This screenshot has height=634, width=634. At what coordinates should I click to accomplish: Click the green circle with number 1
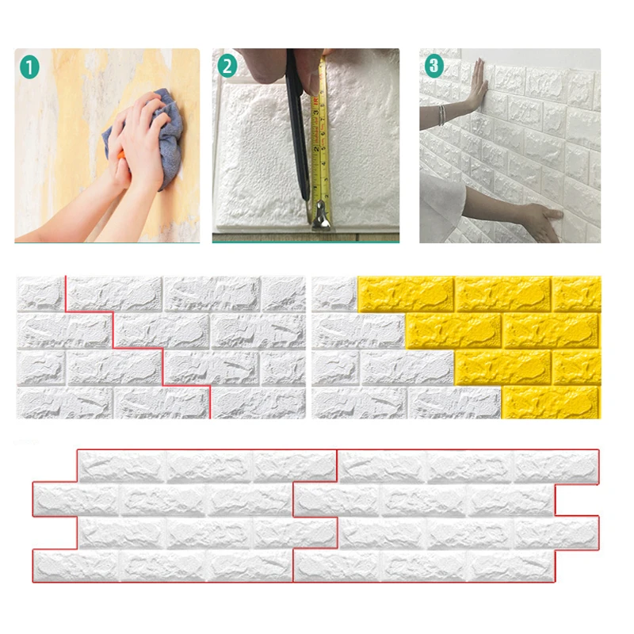[29, 67]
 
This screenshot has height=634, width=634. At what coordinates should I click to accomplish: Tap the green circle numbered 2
[227, 67]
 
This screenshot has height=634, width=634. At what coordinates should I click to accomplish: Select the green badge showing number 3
[433, 67]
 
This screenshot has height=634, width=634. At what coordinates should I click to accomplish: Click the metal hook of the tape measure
[321, 215]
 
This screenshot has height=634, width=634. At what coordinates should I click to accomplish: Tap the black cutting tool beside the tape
[297, 135]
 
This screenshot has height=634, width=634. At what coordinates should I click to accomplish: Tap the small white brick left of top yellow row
[334, 293]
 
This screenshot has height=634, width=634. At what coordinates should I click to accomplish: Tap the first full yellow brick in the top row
[406, 293]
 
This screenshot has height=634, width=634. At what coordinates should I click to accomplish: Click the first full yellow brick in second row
[453, 330]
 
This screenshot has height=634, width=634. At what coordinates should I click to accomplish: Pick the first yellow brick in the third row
[503, 366]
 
